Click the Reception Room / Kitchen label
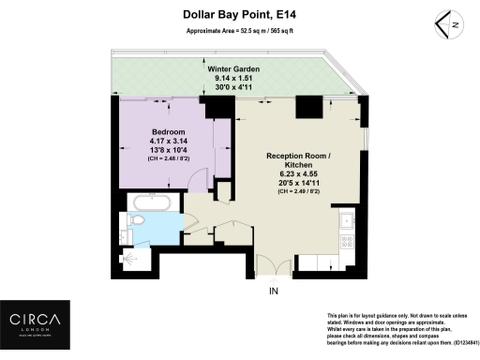(298, 160)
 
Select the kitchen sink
(347, 222)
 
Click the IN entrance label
(274, 292)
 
